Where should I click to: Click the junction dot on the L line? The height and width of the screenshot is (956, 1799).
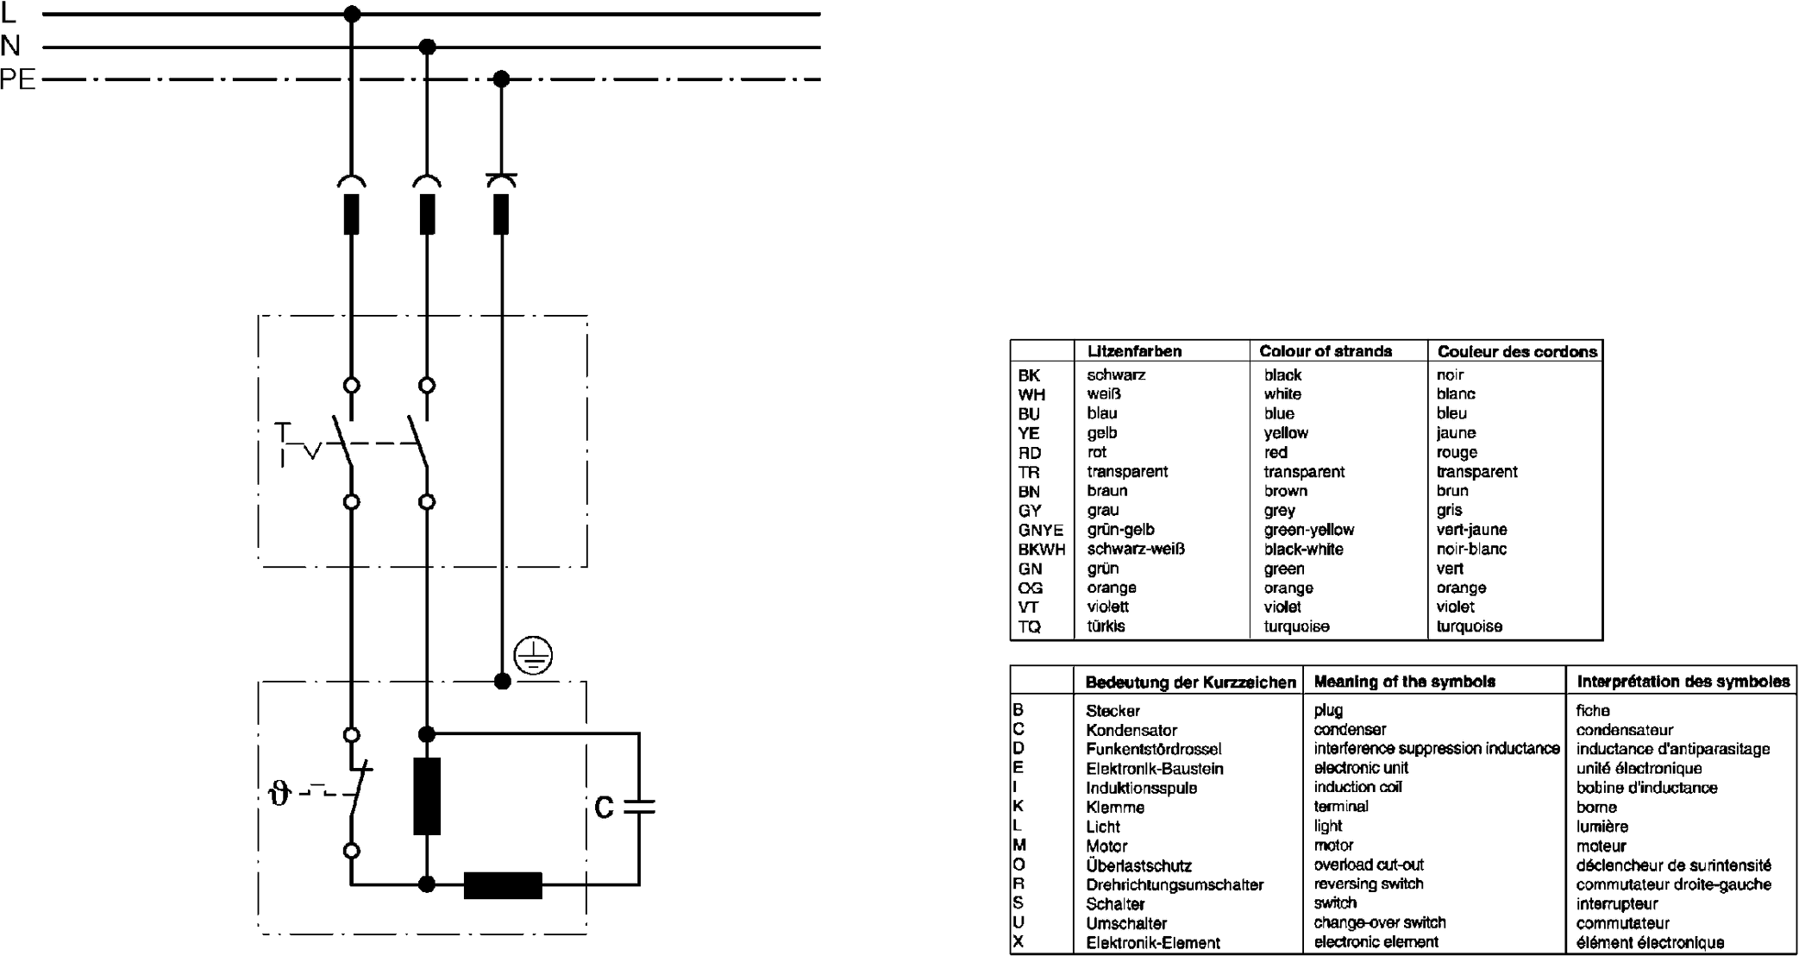[352, 14]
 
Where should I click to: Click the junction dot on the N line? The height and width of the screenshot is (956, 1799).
[427, 47]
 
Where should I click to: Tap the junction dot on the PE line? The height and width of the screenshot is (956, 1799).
[502, 79]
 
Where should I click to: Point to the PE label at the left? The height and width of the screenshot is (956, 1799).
[18, 79]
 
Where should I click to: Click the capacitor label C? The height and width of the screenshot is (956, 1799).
[605, 807]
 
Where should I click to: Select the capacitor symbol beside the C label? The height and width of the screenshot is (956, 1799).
[639, 807]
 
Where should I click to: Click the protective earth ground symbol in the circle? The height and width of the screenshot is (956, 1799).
[533, 657]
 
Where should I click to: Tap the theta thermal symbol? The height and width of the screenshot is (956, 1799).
[279, 793]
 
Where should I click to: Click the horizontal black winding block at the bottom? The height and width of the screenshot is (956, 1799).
[503, 885]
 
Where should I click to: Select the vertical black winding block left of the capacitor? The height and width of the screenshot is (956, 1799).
[427, 796]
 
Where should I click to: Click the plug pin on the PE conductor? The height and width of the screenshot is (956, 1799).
[501, 213]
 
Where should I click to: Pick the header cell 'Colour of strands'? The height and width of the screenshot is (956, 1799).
[1326, 351]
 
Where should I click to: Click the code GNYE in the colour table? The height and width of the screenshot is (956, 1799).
[1040, 530]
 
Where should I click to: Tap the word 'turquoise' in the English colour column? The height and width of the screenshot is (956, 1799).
[1296, 626]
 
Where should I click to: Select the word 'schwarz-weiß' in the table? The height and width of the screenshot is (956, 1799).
[1136, 549]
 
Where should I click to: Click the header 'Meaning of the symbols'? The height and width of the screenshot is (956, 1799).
[1404, 682]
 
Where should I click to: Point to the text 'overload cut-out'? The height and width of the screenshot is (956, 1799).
[1369, 865]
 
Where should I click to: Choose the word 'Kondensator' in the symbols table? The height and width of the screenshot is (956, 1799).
[1131, 730]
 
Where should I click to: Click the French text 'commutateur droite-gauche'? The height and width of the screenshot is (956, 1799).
[1673, 884]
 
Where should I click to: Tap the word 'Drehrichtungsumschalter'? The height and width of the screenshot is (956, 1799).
[1175, 884]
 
